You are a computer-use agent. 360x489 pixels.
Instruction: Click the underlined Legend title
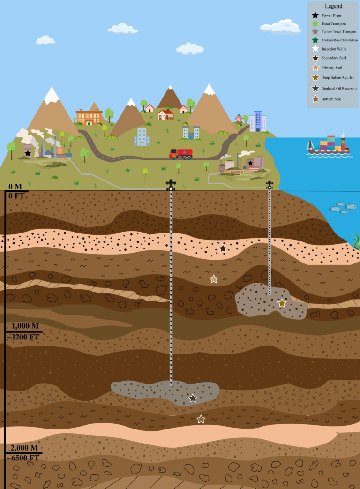[x=334, y=6]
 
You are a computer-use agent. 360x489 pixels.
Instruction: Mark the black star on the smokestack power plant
[x=28, y=153]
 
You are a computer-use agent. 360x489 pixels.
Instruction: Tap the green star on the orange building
[x=89, y=123]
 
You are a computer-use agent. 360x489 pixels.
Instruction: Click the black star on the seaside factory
[x=251, y=163]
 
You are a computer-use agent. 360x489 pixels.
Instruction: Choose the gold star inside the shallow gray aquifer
[x=282, y=303]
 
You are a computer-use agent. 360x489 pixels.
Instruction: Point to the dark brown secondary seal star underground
[x=223, y=248]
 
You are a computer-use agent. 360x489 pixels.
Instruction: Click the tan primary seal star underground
[x=214, y=279]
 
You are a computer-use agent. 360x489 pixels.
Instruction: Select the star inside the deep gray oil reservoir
[x=193, y=398]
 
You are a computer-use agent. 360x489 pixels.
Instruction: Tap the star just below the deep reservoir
[x=201, y=419]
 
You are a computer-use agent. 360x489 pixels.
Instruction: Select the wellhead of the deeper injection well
[x=171, y=184]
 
